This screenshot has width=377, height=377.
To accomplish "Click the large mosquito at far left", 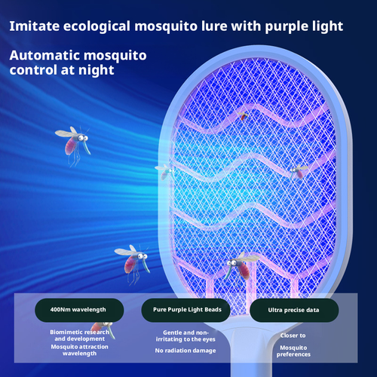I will pos(72,141).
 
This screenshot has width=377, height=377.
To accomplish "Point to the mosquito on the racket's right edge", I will pos(299,171).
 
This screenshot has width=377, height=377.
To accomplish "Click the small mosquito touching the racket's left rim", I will pos(163,170).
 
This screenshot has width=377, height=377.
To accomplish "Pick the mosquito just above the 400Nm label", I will pos(129,260).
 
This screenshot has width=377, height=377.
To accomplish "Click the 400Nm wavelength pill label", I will pos(78,309).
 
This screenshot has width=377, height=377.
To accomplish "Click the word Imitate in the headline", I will pos(35,26).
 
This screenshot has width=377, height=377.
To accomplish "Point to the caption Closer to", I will pos(293,336).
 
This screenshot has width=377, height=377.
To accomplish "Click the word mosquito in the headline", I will pos(161,26).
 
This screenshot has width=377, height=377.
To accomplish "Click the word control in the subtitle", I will pos(32,71).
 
